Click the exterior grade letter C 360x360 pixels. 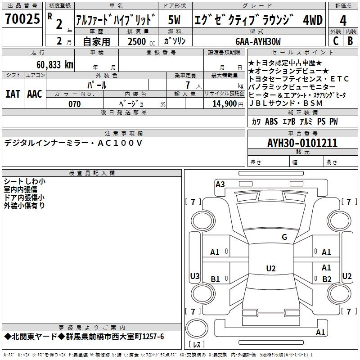335,41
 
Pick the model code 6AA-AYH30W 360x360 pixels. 258,41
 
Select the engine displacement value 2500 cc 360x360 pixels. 138,41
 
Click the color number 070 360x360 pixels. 74,104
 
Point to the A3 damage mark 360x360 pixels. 220,184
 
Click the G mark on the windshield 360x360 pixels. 284,237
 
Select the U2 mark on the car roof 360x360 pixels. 270,269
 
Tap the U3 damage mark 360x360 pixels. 194,276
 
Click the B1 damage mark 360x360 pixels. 215,279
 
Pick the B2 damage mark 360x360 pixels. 327,279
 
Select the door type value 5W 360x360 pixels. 175,20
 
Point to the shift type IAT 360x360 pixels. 13,94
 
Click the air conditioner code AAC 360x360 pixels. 35,94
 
